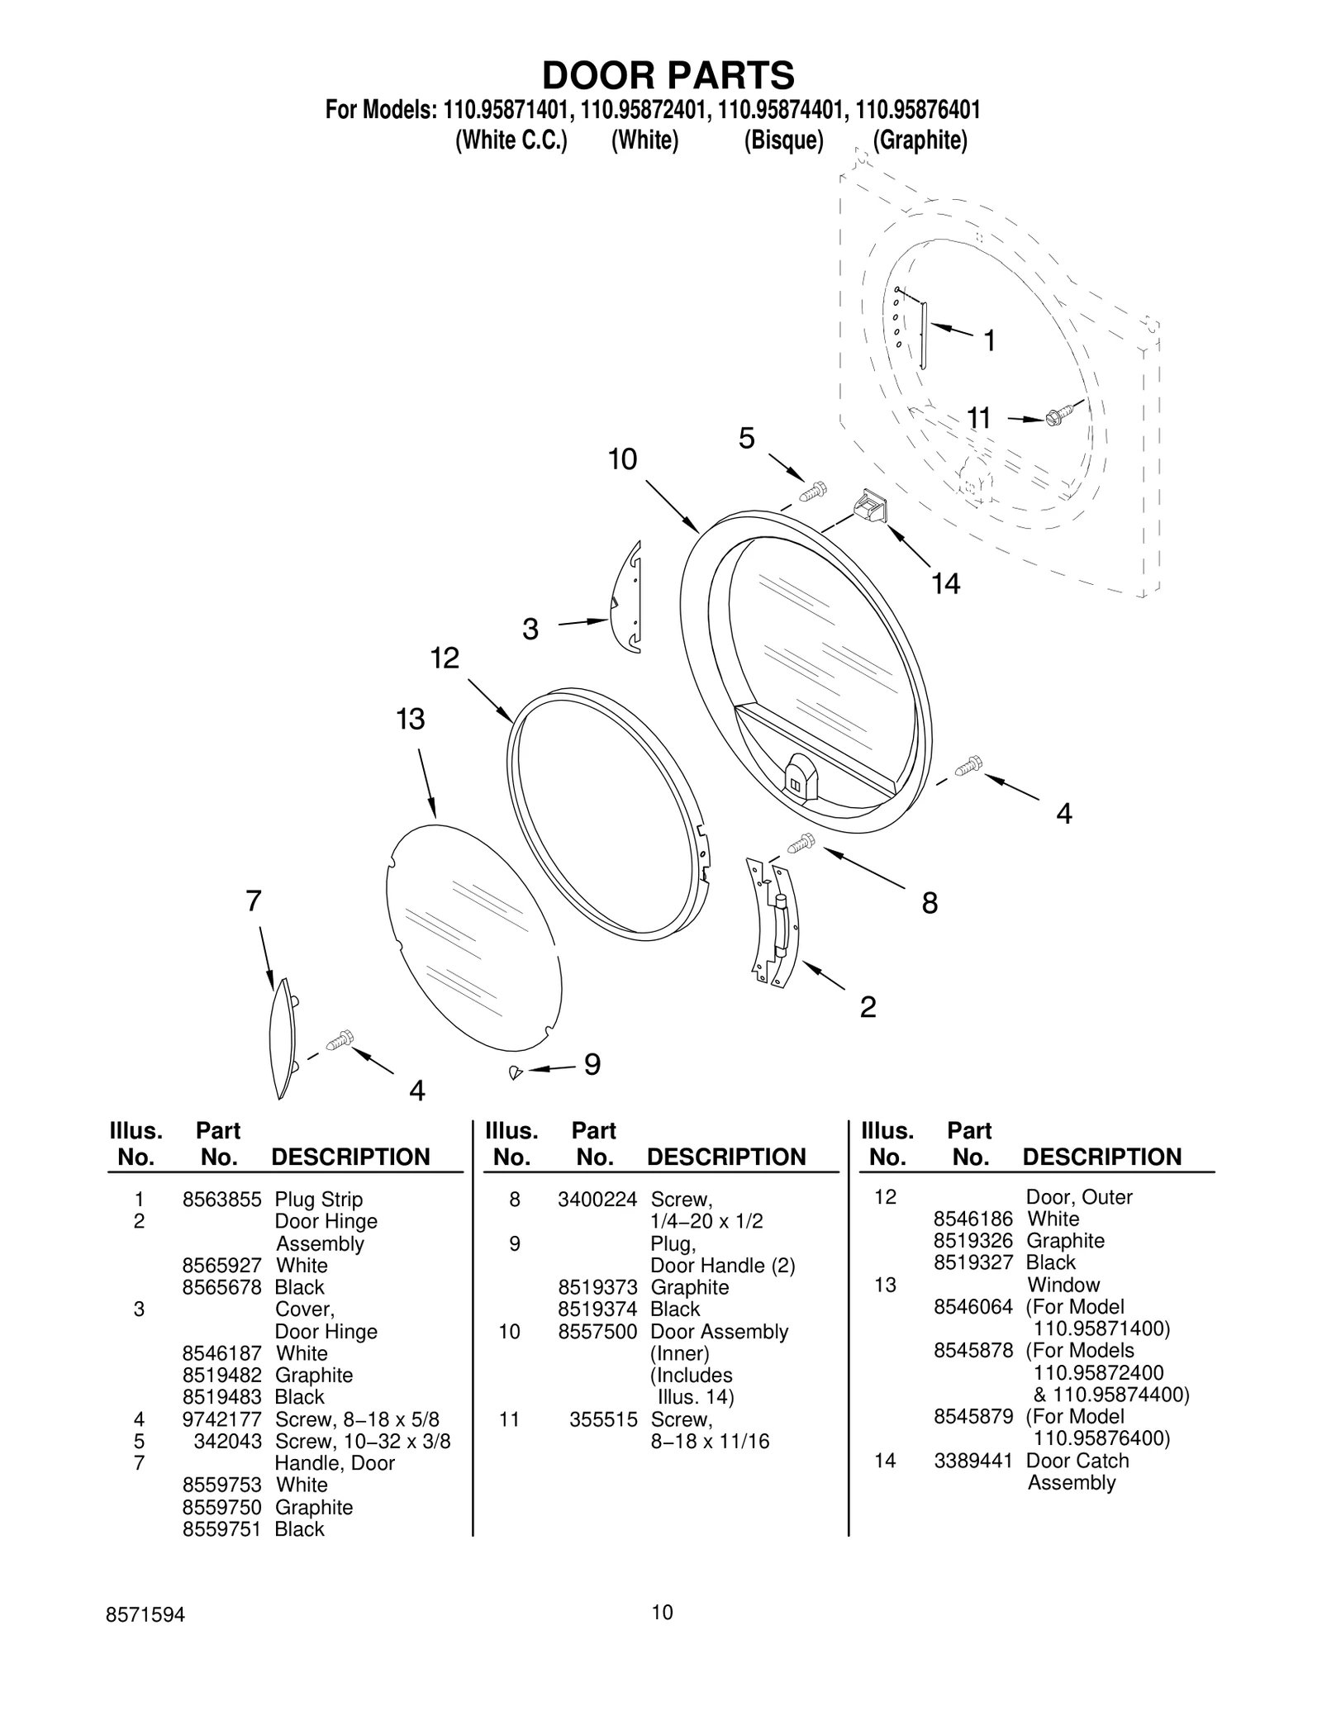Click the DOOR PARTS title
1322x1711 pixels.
[x=668, y=75]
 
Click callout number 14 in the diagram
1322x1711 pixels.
[x=945, y=584]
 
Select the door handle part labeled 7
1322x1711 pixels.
[x=282, y=1038]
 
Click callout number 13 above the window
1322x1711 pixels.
[x=410, y=720]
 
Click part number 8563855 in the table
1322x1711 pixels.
[x=221, y=1200]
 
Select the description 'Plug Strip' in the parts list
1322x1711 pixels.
[x=319, y=1200]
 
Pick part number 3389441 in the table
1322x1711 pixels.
[x=972, y=1460]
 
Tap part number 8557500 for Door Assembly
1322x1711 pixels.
[x=597, y=1332]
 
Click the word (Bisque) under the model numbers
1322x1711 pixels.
[x=783, y=140]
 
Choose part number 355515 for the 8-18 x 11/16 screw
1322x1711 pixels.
[x=603, y=1419]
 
